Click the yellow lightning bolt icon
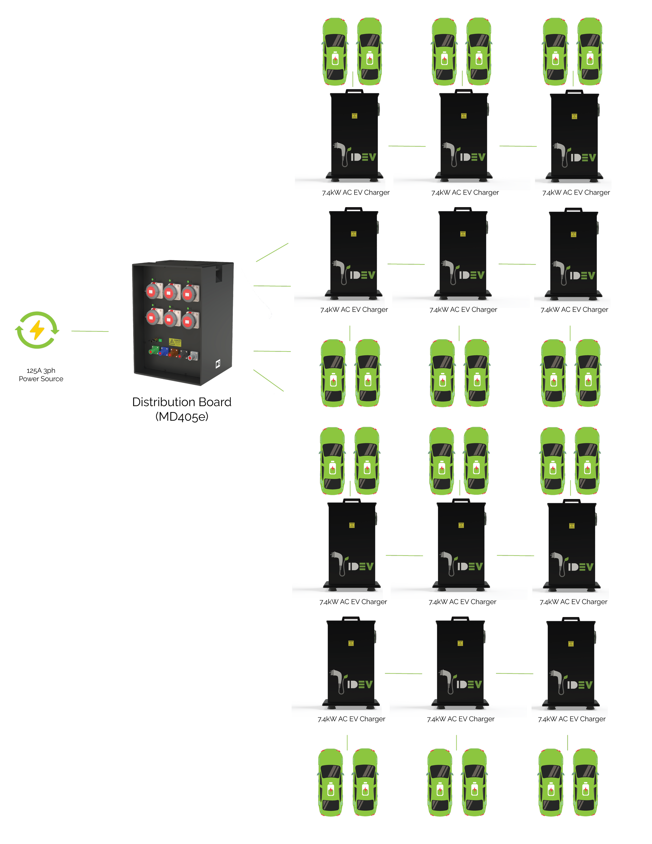tap(37, 330)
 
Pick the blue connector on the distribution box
tap(164, 352)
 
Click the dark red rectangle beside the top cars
tap(405, 54)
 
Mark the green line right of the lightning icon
tap(90, 331)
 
